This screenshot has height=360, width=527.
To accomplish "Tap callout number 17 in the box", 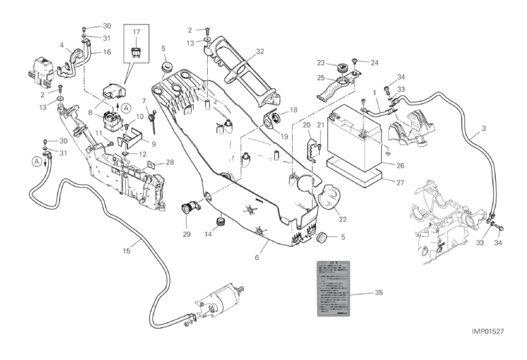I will point(137,31).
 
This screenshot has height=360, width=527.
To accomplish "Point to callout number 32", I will point(259,52).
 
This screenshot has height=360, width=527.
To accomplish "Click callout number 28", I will point(170,162).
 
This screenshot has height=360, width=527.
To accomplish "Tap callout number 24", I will point(374,62).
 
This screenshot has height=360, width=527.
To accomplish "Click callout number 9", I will point(153,144).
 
